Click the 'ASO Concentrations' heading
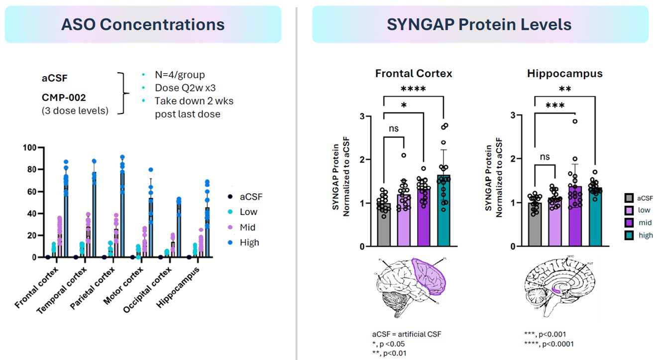(143, 24)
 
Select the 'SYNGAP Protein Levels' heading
(479, 24)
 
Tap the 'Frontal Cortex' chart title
(414, 74)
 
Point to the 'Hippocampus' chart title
(565, 74)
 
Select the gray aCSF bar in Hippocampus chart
(535, 224)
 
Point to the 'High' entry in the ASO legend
(249, 242)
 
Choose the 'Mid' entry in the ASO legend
(247, 227)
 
